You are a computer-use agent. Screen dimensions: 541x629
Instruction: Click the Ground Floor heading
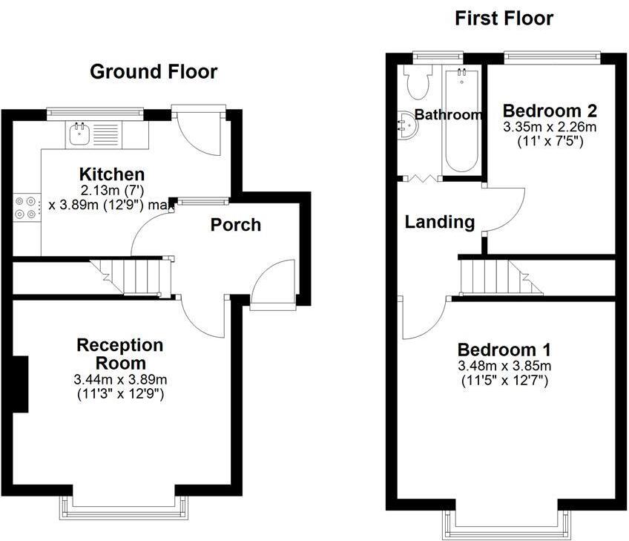tap(154, 72)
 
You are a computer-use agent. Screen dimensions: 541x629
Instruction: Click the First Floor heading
tap(504, 19)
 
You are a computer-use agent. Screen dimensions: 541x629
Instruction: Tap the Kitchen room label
tap(112, 174)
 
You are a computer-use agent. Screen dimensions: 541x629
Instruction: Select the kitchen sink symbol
tap(79, 134)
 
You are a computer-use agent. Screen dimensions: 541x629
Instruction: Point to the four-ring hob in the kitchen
tap(26, 206)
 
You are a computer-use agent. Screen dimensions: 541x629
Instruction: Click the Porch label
tap(236, 225)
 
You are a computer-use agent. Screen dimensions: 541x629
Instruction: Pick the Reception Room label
tap(120, 354)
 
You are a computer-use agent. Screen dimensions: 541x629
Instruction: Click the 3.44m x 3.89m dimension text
tap(120, 380)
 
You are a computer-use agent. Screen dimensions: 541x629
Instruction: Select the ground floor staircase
tap(137, 275)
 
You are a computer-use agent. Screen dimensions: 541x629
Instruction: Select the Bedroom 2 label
tap(550, 111)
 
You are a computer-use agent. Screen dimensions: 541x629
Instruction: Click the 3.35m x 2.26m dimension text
tap(550, 127)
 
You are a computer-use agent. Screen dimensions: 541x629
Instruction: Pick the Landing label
tap(440, 222)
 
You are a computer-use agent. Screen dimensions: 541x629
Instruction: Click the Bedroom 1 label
tap(504, 350)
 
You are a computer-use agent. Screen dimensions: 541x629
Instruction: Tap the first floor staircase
tap(493, 275)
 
